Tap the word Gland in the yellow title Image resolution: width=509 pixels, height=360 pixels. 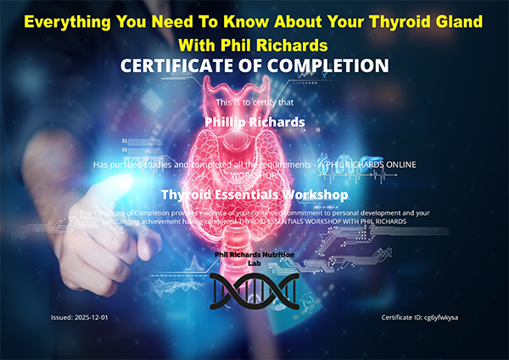(466, 18)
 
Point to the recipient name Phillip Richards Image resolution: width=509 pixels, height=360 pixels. (255, 121)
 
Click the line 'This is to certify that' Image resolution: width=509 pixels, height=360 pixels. (255, 103)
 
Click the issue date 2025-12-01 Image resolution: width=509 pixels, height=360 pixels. (92, 317)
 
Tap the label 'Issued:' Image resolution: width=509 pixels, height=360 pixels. (61, 317)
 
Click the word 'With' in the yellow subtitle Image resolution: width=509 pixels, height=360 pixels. (198, 42)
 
